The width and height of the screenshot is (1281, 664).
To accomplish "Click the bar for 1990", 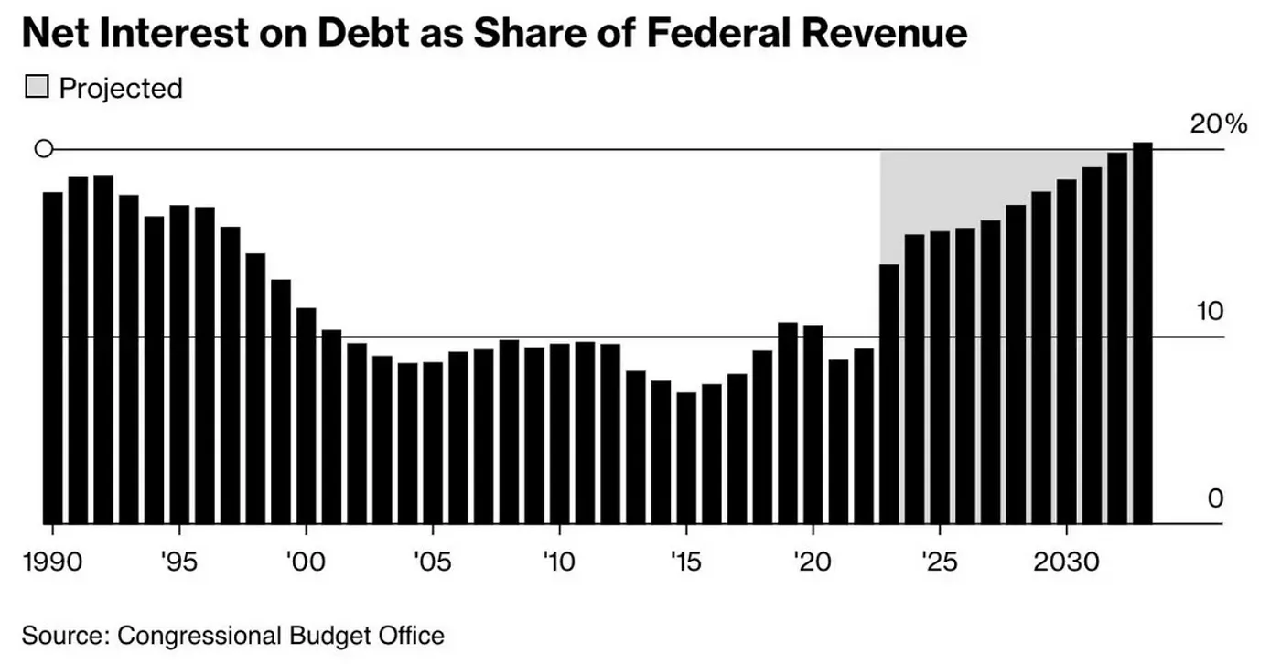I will point(53,358).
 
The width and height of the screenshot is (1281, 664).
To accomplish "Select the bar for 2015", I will point(686,458).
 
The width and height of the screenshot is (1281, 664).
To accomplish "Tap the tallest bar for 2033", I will point(1142,333).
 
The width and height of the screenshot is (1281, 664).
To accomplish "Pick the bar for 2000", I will point(306,416).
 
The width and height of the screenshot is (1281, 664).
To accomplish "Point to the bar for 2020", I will point(813,424).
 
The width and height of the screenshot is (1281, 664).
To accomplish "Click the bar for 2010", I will point(559,434).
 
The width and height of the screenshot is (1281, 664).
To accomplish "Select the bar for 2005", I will point(433,443).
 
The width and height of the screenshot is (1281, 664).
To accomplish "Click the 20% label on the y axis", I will point(1218,124).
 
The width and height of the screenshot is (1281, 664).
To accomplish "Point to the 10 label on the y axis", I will point(1210,312).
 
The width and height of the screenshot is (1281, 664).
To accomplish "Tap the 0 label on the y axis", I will point(1215,498).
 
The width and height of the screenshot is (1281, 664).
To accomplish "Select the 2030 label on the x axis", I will point(1066,561).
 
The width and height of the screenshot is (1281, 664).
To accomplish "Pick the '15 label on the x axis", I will point(686,561).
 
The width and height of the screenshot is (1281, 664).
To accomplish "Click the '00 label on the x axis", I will point(306,561).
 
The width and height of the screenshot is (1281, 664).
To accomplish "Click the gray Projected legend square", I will point(36,88).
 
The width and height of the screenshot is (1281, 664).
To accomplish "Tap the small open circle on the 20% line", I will point(43,149).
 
